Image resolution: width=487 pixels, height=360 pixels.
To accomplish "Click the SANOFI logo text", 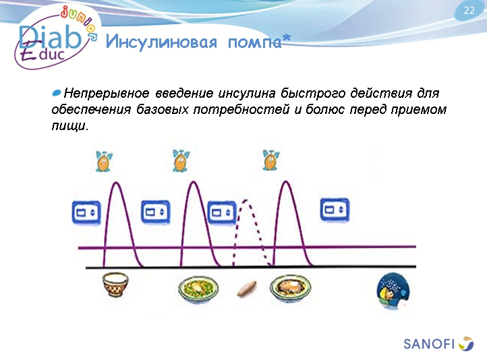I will coord(428,344).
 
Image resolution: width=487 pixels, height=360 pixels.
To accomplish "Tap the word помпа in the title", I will coord(252,43).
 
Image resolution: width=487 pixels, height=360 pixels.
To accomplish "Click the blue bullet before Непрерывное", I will coord(57,92).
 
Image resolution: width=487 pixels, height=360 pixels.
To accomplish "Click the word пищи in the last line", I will coord(68,126).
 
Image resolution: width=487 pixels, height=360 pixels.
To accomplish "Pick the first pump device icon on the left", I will coord(86,212).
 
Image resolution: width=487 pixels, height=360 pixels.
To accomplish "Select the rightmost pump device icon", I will coord(335,210).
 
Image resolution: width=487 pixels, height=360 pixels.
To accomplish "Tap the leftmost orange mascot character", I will coord(104,161).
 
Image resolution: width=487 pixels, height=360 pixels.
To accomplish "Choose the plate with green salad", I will coord(198,290).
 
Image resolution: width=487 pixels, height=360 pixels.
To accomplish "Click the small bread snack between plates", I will coord(246,289).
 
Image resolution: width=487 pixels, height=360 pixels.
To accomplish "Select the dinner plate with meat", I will coord(290,289).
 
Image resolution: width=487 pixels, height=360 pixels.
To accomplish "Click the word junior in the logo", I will coord(80,16).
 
